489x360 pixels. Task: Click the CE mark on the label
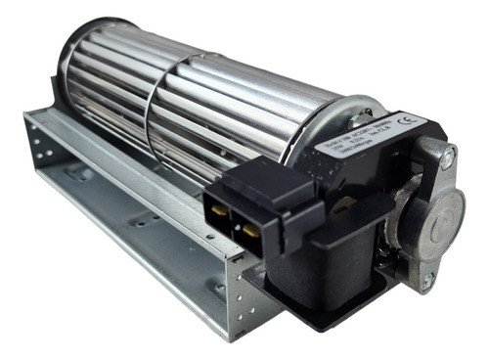[x=408, y=122]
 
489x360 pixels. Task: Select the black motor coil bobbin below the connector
[x=323, y=264]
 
